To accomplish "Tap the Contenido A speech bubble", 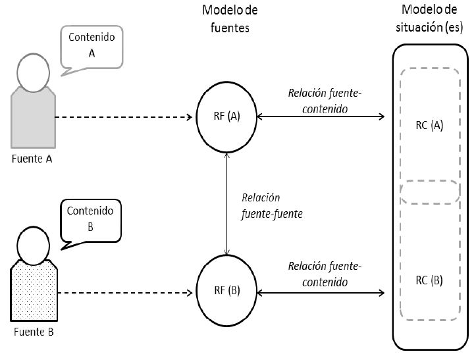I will (92, 45).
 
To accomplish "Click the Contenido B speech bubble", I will (92, 220).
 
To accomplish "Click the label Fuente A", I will (32, 159).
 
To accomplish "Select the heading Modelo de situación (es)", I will (429, 19).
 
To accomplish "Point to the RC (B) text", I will (429, 280).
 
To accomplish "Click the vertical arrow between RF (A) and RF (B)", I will (227, 204).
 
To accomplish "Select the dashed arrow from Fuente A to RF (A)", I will (125, 117).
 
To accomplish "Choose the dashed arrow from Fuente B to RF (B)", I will (125, 290).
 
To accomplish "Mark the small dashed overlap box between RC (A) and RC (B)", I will (429, 192).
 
